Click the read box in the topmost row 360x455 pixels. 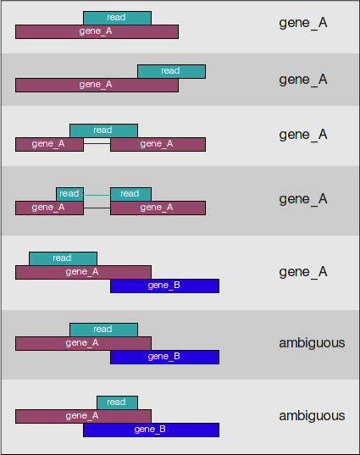tap(117, 18)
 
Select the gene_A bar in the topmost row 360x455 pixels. tap(97, 31)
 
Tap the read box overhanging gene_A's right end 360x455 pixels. tap(171, 71)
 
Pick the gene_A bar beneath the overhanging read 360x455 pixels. tap(97, 85)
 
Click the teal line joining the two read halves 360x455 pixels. tap(97, 195)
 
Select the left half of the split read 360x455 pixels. tap(70, 194)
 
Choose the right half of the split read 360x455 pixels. tap(130, 194)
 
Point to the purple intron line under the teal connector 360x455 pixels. tap(97, 208)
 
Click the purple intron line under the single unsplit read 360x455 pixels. tap(97, 144)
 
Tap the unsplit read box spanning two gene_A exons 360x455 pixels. tap(103, 130)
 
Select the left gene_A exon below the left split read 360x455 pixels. tap(49, 208)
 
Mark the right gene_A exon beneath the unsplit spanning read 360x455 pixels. tap(158, 144)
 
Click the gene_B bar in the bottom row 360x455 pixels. tap(151, 430)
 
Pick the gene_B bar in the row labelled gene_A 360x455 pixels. tap(165, 286)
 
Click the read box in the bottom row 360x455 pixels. tap(117, 402)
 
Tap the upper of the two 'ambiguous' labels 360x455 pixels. tap(312, 343)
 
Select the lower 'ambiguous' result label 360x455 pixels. tap(312, 416)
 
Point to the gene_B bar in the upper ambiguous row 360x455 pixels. tap(165, 357)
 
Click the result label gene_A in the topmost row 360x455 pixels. tap(303, 23)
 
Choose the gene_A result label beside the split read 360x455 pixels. tap(303, 199)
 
